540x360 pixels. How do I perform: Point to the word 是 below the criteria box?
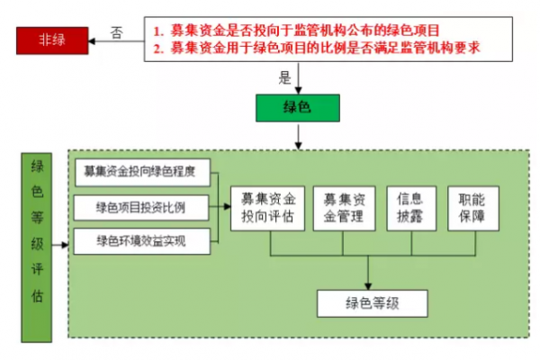click(286, 76)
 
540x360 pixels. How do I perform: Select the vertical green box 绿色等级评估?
click(37, 245)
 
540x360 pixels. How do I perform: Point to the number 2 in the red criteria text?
click(157, 49)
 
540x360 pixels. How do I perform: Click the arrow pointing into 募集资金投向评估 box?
click(220, 208)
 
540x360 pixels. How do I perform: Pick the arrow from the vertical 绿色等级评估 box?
click(61, 245)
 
